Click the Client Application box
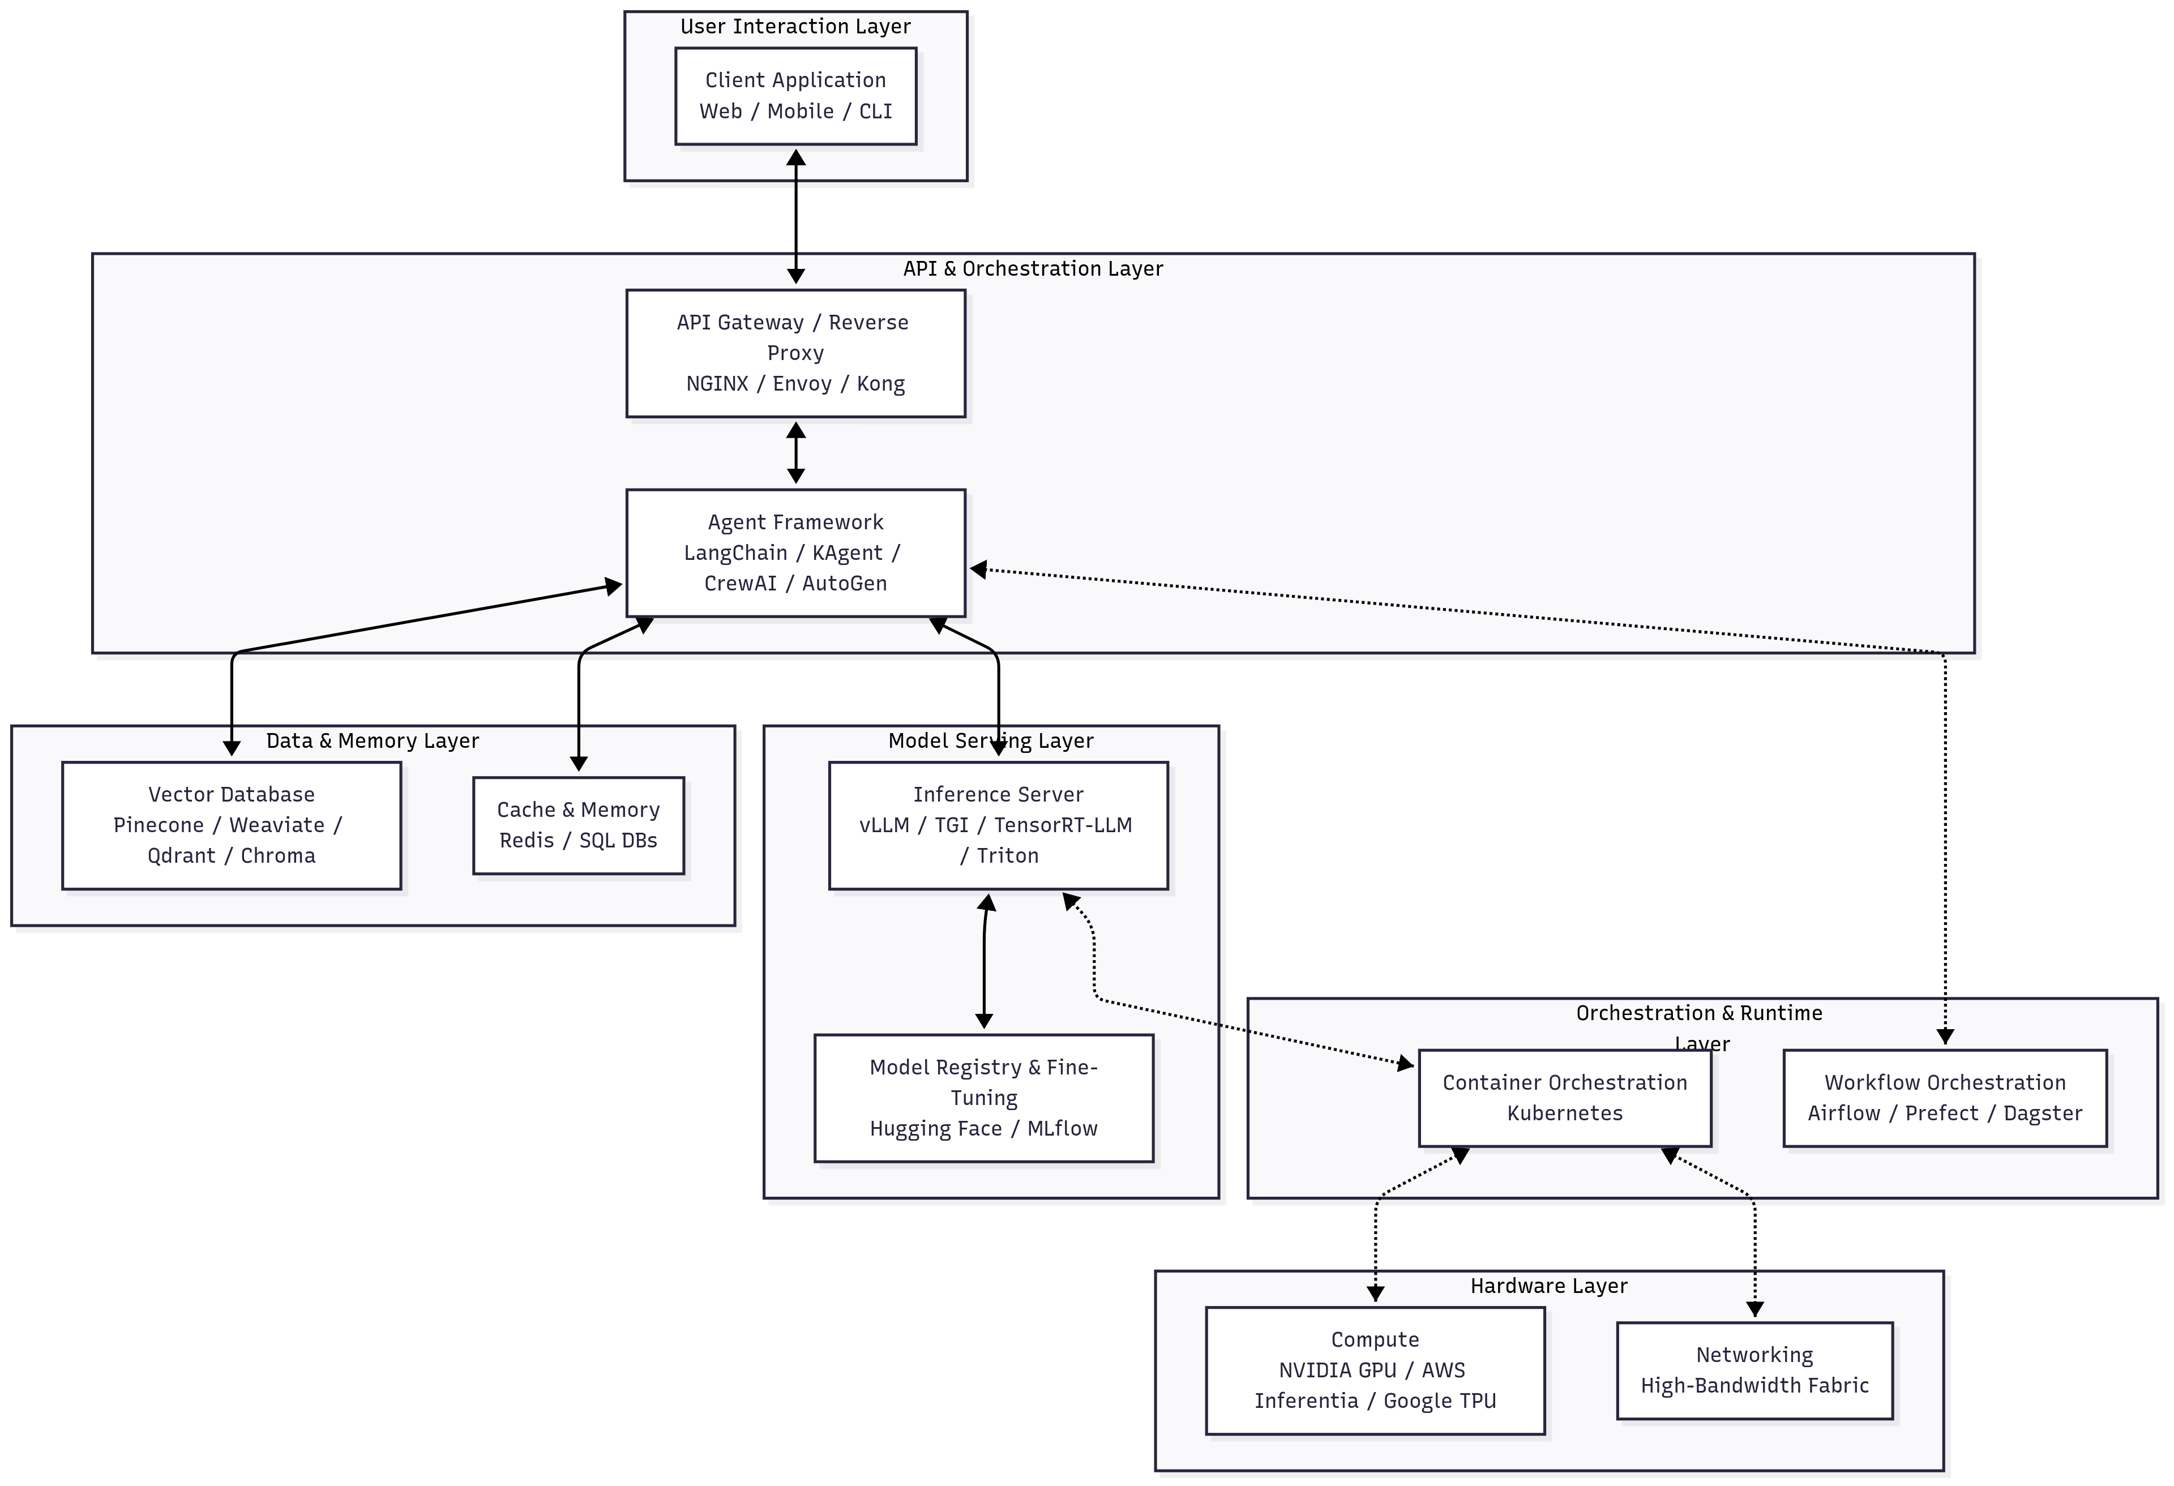(x=795, y=96)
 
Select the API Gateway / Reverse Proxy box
(x=795, y=353)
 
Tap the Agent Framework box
(x=795, y=553)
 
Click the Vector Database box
(x=231, y=825)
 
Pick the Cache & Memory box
(x=578, y=825)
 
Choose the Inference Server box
(x=998, y=825)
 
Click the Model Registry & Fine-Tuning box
(x=983, y=1098)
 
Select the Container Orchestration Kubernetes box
(x=1564, y=1098)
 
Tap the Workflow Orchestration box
(x=1945, y=1098)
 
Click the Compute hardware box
(x=1374, y=1370)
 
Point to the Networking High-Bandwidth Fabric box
(x=1754, y=1370)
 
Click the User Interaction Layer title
(x=795, y=26)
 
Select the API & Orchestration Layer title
(x=1033, y=268)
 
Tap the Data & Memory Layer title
(x=373, y=740)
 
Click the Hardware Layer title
(x=1548, y=1286)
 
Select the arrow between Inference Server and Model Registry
(x=984, y=963)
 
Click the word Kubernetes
(x=1564, y=1113)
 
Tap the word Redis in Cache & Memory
(x=527, y=840)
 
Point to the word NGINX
(x=717, y=383)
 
